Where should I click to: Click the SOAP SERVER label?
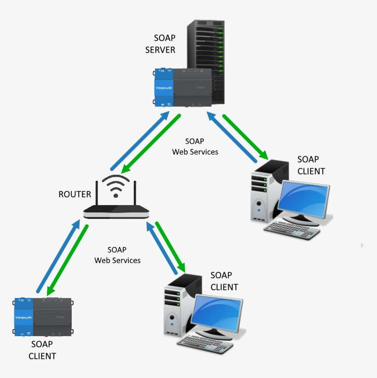click(x=160, y=44)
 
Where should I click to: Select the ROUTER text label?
click(x=75, y=194)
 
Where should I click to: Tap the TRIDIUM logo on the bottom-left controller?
click(x=23, y=317)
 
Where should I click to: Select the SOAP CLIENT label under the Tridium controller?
click(x=42, y=350)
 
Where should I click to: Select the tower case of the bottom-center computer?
click(x=177, y=304)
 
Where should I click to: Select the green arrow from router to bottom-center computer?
click(x=170, y=246)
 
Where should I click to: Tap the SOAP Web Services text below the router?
click(x=117, y=255)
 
